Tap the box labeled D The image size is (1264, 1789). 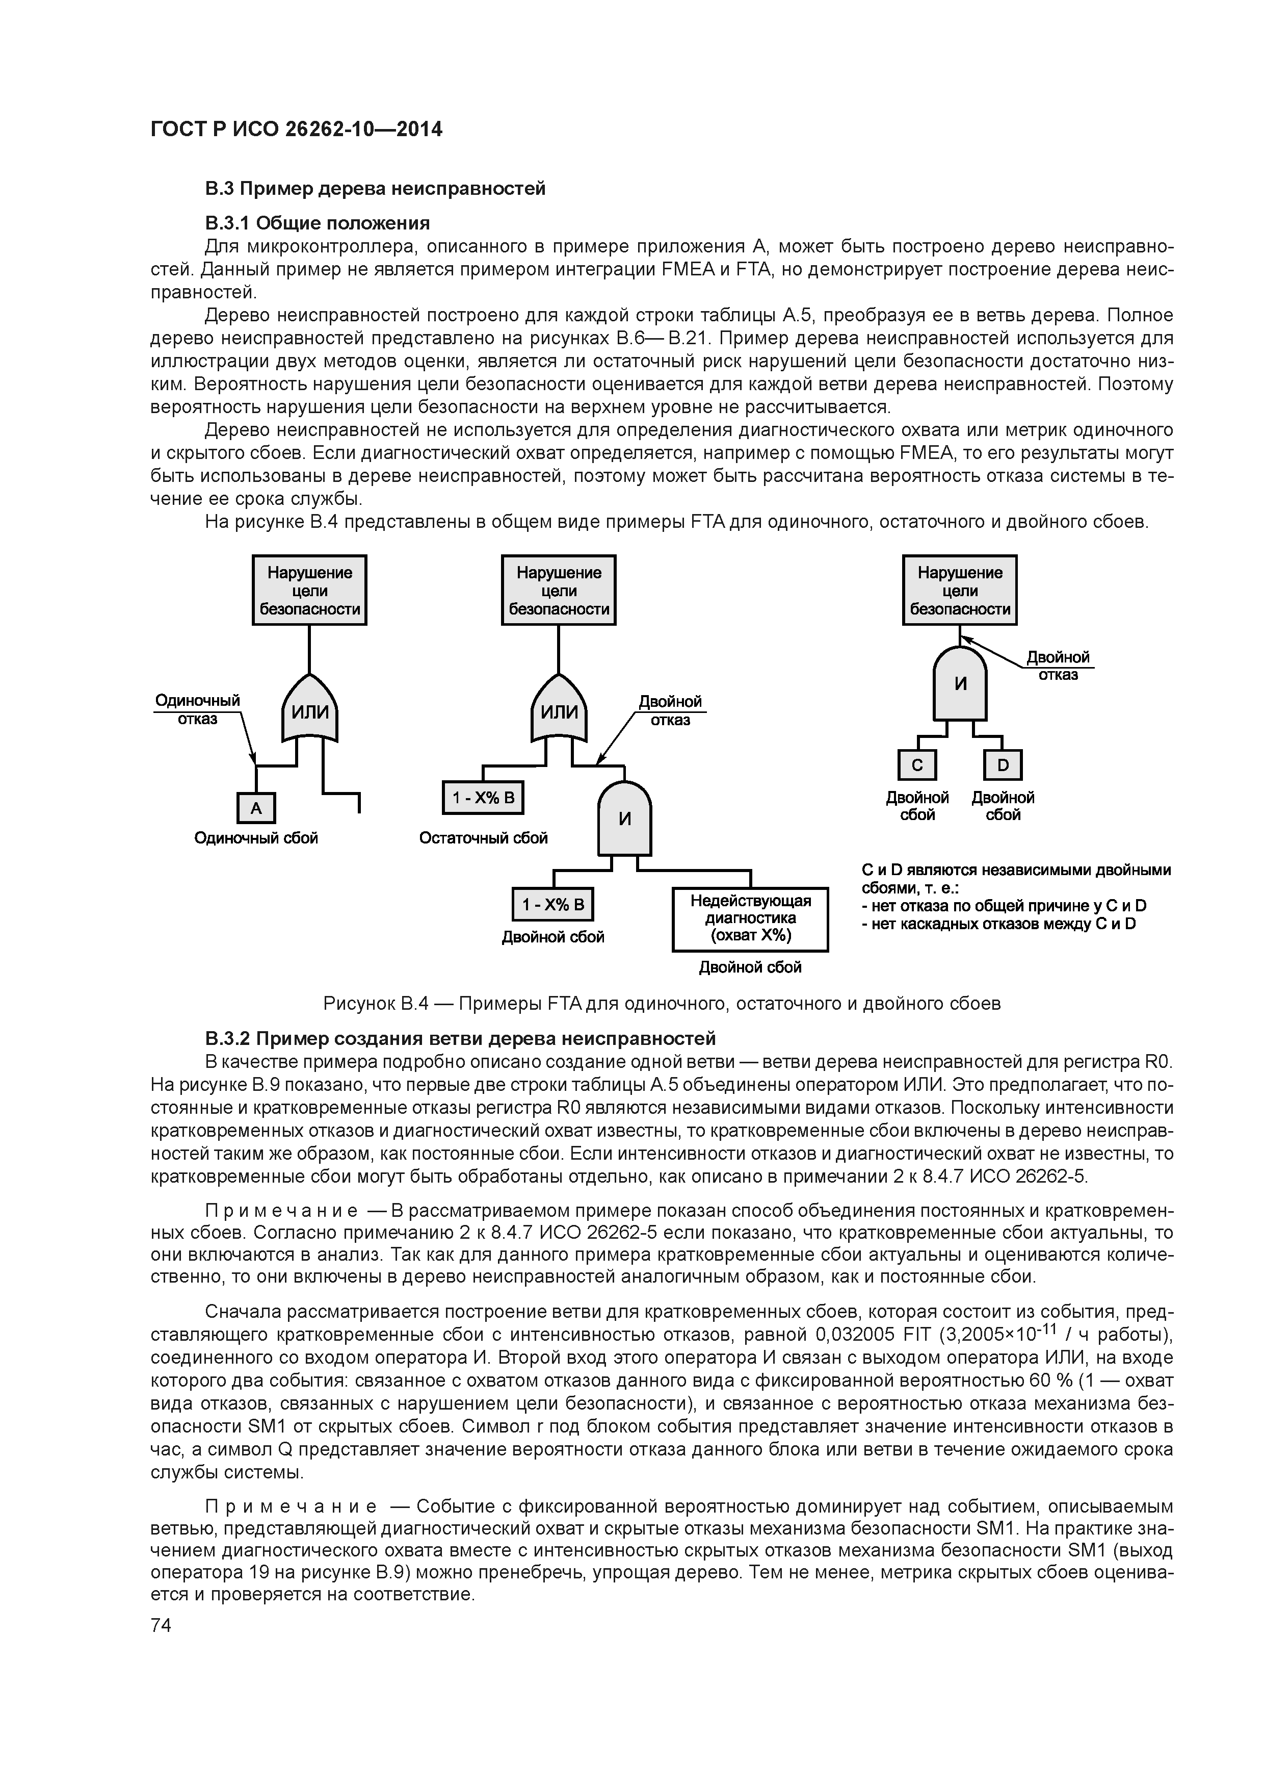[1003, 765]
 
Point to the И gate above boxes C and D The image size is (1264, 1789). [960, 684]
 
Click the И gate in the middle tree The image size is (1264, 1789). [624, 819]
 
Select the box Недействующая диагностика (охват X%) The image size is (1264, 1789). [750, 920]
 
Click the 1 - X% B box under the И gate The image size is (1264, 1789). [553, 905]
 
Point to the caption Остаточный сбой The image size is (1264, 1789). [484, 837]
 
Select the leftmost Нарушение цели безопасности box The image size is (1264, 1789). [309, 591]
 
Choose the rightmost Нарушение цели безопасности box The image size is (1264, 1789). [960, 591]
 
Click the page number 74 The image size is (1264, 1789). [161, 1625]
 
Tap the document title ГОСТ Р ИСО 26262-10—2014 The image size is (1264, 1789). [296, 130]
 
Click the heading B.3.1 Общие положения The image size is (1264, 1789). [317, 223]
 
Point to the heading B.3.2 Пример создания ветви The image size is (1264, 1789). [460, 1039]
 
